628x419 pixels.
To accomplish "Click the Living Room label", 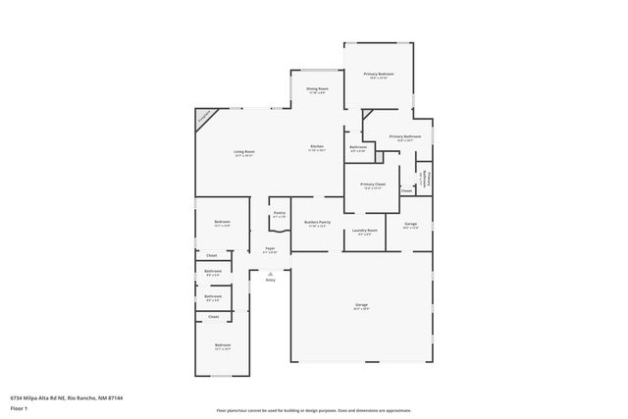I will (243, 151).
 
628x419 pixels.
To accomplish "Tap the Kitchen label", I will (317, 146).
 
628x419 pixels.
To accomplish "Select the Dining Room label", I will (317, 89).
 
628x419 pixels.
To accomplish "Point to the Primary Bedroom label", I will (378, 75).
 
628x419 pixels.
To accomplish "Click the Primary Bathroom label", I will (404, 136).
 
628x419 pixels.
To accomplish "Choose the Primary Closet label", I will (373, 183).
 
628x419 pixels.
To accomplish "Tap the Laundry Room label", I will (367, 231).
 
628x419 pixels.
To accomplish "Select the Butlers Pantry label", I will (317, 223).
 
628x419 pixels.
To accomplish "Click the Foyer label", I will (270, 248).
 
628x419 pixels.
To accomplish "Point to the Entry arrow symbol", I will (270, 274).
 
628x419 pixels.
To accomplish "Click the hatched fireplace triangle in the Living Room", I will (203, 117).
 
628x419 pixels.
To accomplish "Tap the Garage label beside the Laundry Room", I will (410, 224).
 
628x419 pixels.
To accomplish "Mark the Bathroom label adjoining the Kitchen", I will (358, 147).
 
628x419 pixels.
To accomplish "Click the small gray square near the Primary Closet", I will (379, 157).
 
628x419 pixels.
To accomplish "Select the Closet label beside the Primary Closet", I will (406, 190).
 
